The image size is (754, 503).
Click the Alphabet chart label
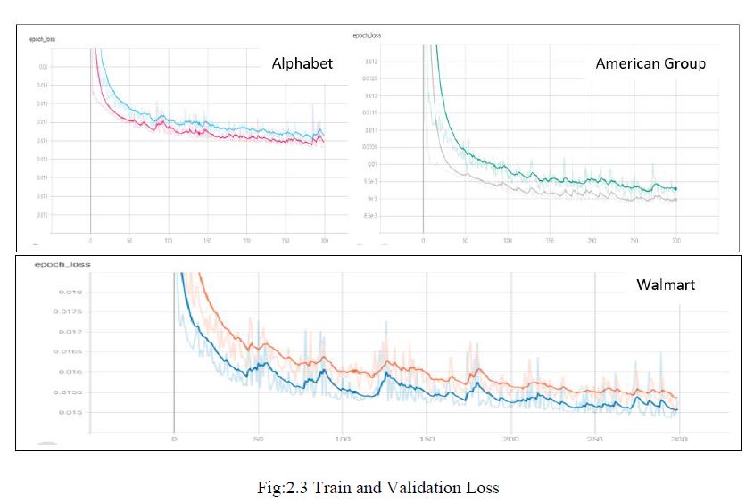pos(302,63)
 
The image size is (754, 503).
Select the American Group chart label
pos(650,63)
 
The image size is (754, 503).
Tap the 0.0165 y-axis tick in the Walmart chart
pos(46,351)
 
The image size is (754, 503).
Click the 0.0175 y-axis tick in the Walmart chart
pos(46,311)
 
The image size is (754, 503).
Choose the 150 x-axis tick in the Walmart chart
pos(426,440)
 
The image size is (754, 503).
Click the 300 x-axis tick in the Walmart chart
pos(680,440)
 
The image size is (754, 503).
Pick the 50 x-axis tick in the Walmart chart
pos(257,440)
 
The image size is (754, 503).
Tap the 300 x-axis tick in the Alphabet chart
pos(324,241)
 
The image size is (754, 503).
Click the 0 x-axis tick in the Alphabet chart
pos(91,241)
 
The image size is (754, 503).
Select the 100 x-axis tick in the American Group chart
pos(507,241)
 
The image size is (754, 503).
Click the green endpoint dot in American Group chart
pos(675,189)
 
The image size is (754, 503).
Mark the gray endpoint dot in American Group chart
pos(675,200)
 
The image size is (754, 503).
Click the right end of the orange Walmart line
pos(678,398)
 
